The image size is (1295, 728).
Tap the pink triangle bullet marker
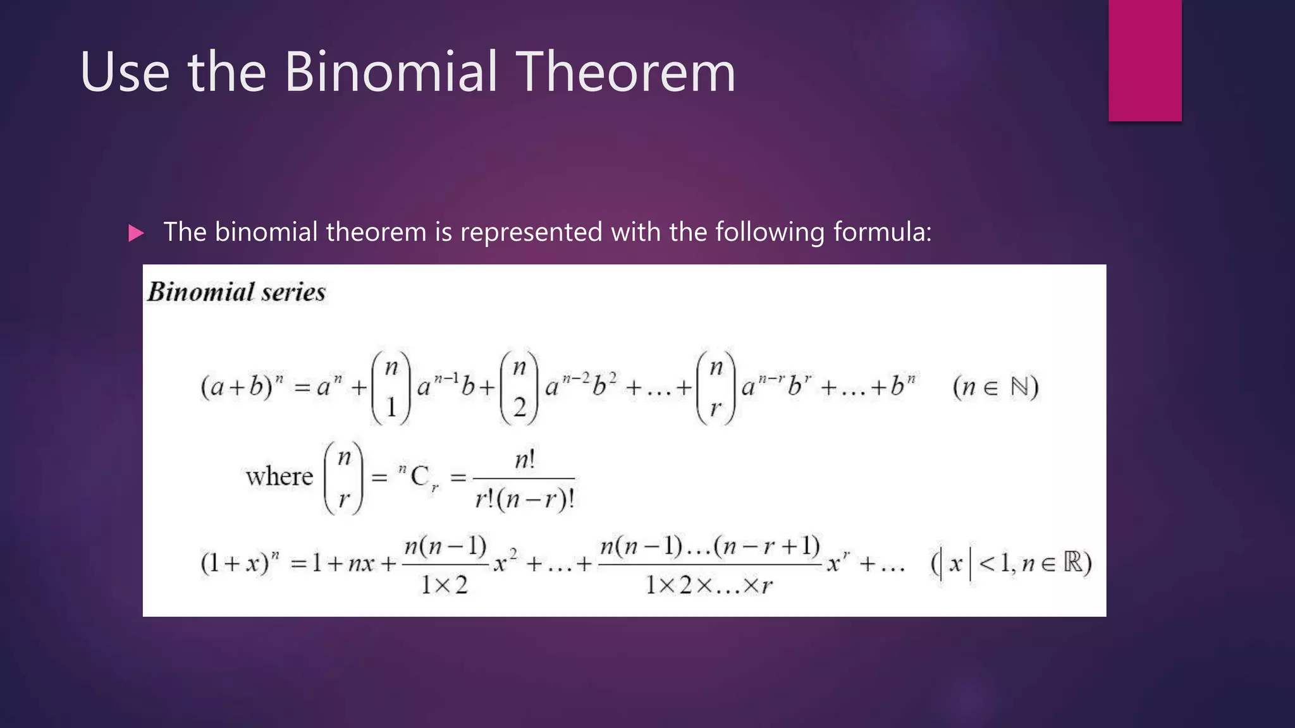click(135, 234)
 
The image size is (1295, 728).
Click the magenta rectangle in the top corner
click(1145, 60)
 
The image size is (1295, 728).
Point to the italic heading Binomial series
click(236, 293)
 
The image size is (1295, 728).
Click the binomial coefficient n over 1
click(391, 387)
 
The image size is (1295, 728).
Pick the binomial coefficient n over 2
click(519, 387)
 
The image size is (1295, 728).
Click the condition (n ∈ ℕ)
click(995, 386)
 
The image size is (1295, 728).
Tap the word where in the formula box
click(279, 476)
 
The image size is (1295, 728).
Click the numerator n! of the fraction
click(524, 459)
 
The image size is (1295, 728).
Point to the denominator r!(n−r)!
click(524, 499)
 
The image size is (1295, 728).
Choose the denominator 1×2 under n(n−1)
click(444, 585)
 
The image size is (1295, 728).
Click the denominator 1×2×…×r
click(709, 585)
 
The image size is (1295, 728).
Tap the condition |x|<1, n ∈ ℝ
click(1011, 562)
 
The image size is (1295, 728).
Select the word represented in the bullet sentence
click(531, 233)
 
